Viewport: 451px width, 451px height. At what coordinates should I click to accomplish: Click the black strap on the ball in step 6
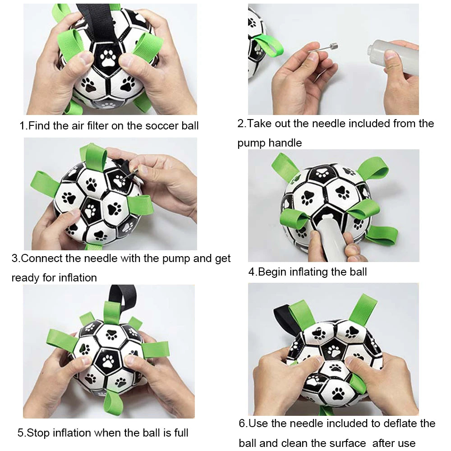[284, 318]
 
